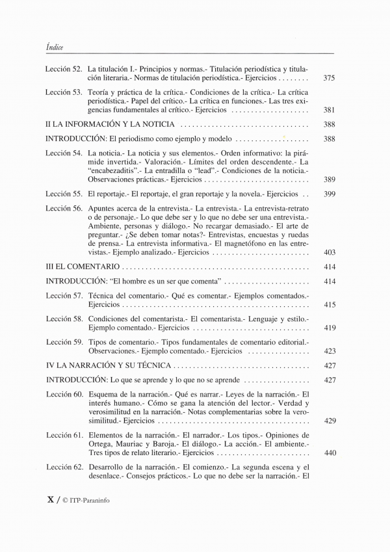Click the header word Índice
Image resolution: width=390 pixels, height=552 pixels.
click(55, 46)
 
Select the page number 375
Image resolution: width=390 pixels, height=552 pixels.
click(329, 78)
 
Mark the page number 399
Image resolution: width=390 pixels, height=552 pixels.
click(329, 194)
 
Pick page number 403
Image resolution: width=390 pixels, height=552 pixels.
click(329, 252)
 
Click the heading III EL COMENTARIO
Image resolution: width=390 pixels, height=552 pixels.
click(83, 267)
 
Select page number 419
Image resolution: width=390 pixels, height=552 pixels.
click(329, 328)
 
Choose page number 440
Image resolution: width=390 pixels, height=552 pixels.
click(329, 453)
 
